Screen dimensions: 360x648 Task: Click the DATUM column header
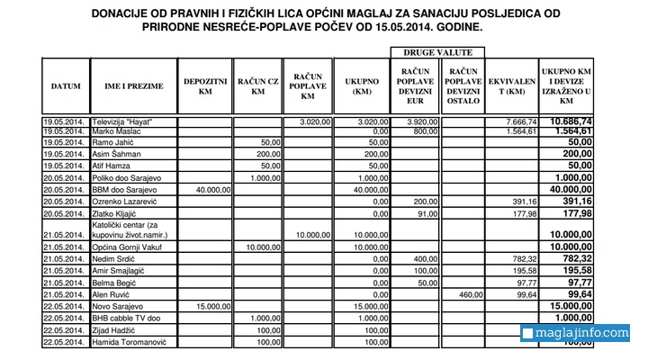[66, 86]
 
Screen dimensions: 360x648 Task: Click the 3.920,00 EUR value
[420, 121]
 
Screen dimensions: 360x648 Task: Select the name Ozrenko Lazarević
[128, 202]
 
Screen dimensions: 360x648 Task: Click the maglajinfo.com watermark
[575, 334]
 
